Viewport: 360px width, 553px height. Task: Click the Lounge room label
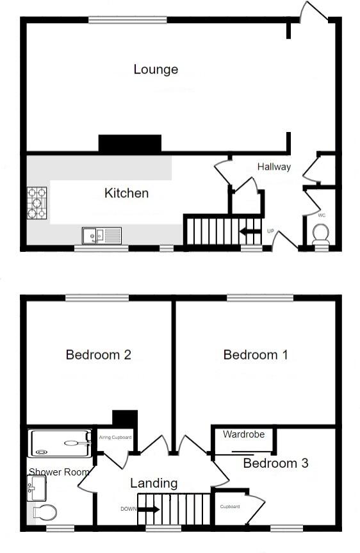[x=156, y=69]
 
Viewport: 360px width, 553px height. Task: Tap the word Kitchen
[x=127, y=193]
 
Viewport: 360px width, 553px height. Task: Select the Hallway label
[x=274, y=167]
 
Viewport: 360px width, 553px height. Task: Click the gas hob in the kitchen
[x=38, y=202]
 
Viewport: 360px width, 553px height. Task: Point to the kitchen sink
[x=101, y=236]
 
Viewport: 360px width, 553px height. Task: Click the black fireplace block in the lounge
[x=129, y=144]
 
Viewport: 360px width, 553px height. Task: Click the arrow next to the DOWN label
[x=149, y=509]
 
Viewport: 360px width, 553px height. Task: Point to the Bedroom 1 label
[x=255, y=354]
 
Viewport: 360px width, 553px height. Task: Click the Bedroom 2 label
[x=99, y=354]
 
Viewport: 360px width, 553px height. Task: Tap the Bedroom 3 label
[x=276, y=463]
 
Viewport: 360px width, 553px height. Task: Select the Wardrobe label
[x=244, y=434]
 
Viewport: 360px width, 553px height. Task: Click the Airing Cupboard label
[x=115, y=438]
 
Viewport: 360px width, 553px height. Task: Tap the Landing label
[x=154, y=483]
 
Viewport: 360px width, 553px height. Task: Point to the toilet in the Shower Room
[x=44, y=512]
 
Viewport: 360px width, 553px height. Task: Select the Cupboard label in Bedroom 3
[x=230, y=506]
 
